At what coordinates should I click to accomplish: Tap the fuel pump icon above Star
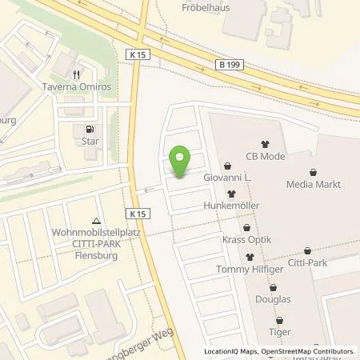click(87, 129)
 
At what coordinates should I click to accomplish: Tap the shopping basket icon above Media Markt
click(312, 170)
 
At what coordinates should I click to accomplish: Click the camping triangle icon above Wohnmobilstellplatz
click(97, 220)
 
